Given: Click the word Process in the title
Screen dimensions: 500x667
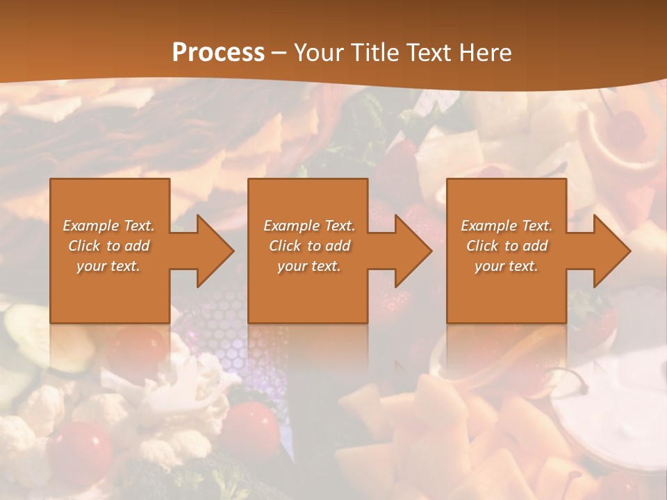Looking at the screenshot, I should click(x=218, y=53).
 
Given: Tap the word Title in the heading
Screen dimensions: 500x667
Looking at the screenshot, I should click(x=376, y=53).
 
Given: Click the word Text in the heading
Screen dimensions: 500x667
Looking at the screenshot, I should click(x=429, y=53).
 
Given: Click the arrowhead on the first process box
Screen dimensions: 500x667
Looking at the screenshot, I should click(x=212, y=251).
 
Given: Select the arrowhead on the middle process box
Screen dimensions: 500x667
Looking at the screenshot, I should click(x=410, y=251).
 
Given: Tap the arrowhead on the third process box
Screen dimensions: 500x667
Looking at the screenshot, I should click(x=609, y=251).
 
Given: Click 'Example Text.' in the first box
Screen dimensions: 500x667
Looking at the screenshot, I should click(x=109, y=226).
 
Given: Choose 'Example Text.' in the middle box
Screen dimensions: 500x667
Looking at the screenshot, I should click(x=309, y=226).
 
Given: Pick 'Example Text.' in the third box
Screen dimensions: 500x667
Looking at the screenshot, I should click(x=507, y=226).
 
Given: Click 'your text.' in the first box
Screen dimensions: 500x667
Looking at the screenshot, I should click(x=109, y=266).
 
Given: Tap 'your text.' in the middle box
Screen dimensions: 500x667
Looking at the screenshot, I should click(x=309, y=266).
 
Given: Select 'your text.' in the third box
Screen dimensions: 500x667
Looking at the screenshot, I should click(x=507, y=266).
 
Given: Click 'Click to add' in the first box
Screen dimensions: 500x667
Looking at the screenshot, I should click(x=109, y=246).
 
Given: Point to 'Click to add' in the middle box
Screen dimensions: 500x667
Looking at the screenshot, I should click(x=309, y=246).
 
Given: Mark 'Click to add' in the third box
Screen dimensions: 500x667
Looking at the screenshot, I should click(x=507, y=246).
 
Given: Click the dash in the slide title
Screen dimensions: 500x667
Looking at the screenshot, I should click(x=279, y=53).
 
